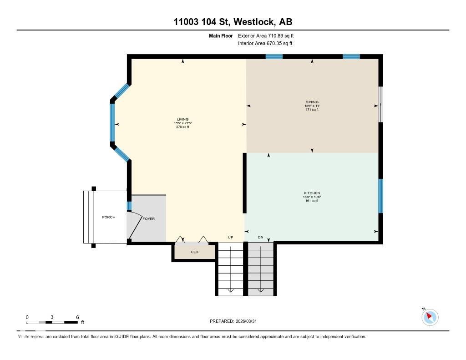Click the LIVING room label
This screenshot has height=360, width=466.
click(182, 119)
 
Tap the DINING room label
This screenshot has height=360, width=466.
click(312, 102)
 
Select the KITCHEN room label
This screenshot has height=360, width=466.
click(312, 193)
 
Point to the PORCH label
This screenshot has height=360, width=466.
click(108, 217)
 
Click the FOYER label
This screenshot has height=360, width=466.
click(149, 219)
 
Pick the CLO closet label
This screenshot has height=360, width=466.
click(194, 252)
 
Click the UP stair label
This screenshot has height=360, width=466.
click(230, 237)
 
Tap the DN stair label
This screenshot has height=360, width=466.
click(261, 237)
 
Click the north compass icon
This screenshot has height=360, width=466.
click(430, 317)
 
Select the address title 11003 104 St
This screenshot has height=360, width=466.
click(233, 22)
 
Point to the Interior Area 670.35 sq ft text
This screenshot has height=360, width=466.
click(265, 44)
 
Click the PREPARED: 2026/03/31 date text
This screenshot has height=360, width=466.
click(233, 321)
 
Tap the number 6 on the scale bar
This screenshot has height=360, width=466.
click(78, 317)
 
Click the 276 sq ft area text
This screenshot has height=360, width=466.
click(182, 127)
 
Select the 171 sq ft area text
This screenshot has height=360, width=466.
click(312, 110)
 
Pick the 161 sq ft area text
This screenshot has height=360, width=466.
click(312, 201)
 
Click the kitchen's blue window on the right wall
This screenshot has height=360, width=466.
click(380, 196)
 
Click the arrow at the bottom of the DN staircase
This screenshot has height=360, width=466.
click(261, 290)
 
